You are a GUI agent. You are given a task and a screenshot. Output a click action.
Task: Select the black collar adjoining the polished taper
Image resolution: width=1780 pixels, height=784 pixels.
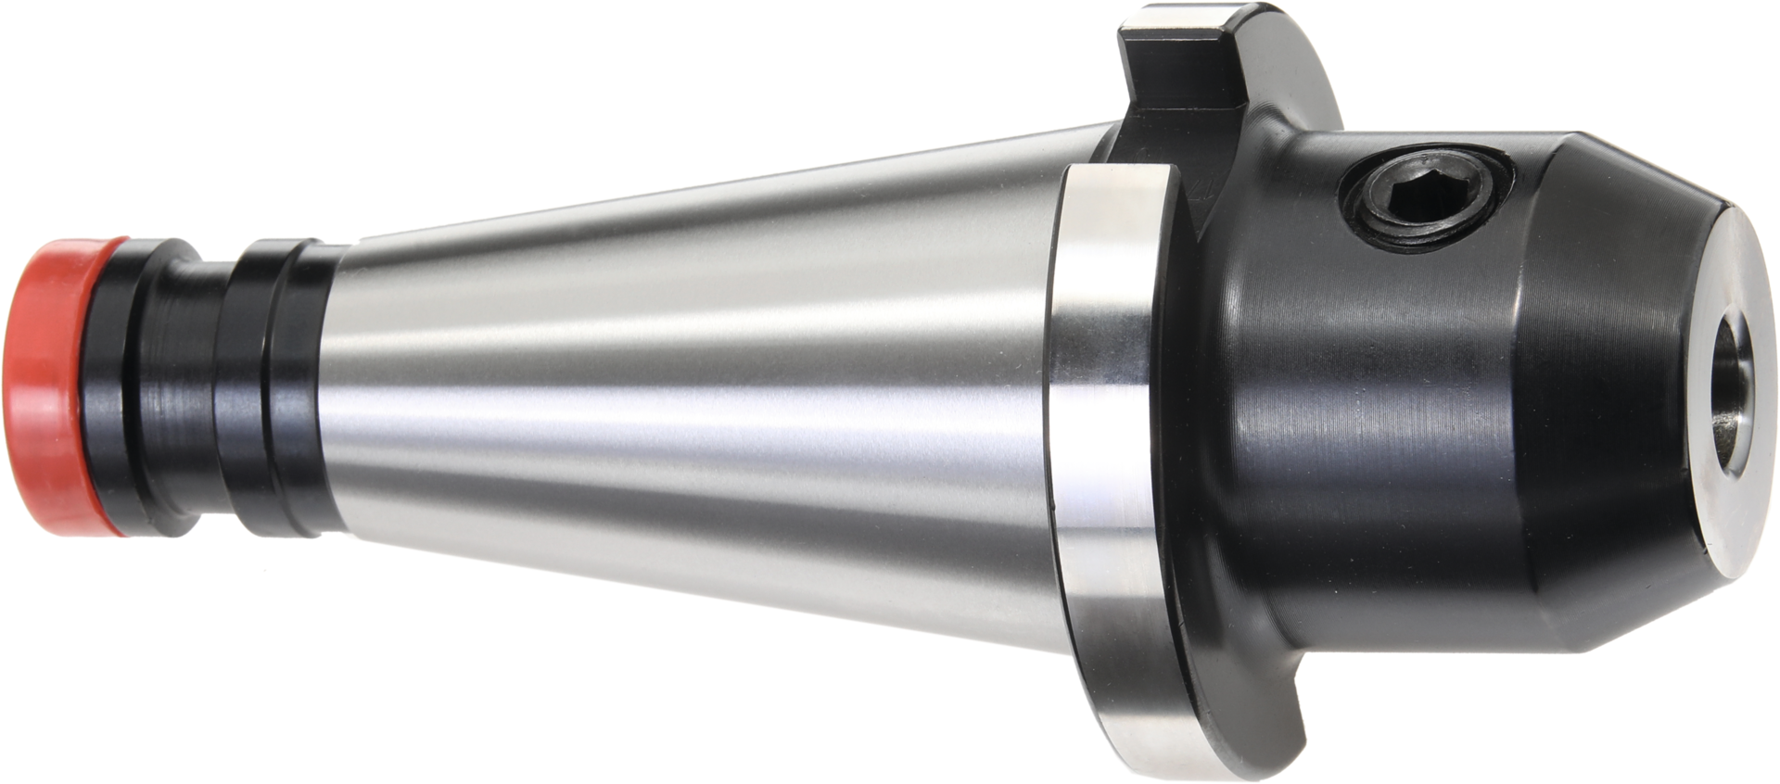[283, 389]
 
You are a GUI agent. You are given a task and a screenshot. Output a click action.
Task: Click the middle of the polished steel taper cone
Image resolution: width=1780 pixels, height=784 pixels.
[695, 389]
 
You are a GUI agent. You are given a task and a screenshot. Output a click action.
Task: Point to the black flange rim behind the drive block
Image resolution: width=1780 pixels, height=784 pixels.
[1298, 74]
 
